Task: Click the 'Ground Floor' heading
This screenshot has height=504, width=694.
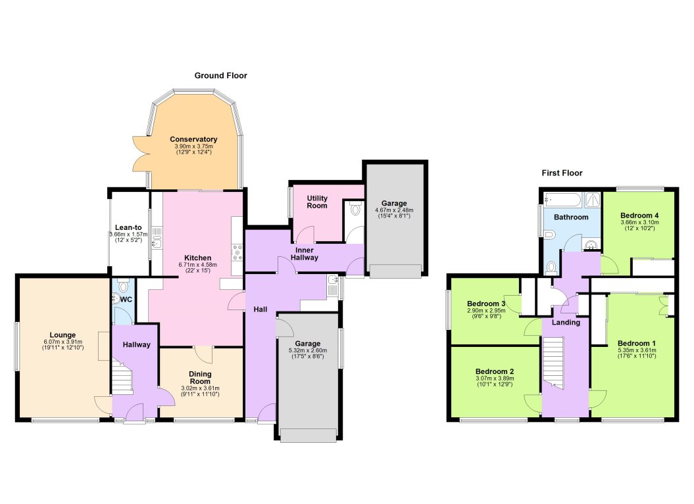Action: coord(220,76)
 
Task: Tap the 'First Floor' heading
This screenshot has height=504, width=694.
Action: coord(562,173)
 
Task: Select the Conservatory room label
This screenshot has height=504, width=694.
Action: coord(193,139)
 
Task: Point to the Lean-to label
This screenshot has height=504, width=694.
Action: coord(129,227)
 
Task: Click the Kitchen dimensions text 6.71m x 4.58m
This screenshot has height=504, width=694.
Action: coord(197,265)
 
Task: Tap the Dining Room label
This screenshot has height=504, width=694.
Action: coord(201,377)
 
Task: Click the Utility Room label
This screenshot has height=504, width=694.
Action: coord(317,202)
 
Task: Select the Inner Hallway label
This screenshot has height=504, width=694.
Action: coord(307,254)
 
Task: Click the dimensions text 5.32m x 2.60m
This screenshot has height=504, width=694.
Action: coord(307,351)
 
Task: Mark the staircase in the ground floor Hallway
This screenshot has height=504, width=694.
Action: coord(122,379)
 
